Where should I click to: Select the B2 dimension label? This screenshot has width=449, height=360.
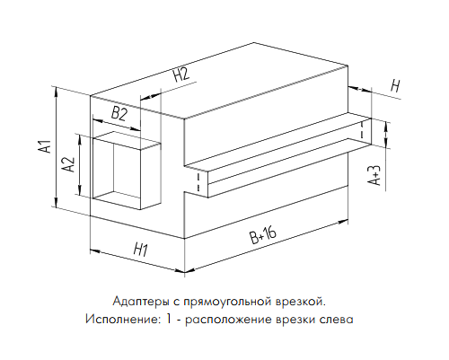[x=119, y=114]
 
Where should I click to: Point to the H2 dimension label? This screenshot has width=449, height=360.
[x=181, y=75]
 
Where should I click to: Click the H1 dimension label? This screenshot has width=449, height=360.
[x=140, y=250]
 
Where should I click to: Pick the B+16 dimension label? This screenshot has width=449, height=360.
[x=263, y=235]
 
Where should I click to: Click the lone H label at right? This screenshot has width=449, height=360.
[x=395, y=86]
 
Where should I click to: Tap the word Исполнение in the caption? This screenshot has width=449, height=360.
[x=121, y=319]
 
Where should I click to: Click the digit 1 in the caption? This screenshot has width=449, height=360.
[x=169, y=319]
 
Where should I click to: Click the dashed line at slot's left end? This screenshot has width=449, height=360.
[x=198, y=181]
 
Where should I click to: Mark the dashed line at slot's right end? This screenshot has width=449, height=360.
[x=362, y=130]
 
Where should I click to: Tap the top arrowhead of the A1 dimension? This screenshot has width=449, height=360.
[x=56, y=91]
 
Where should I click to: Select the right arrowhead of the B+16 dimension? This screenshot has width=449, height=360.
[x=343, y=223]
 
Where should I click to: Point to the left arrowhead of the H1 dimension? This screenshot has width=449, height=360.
[x=94, y=250]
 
